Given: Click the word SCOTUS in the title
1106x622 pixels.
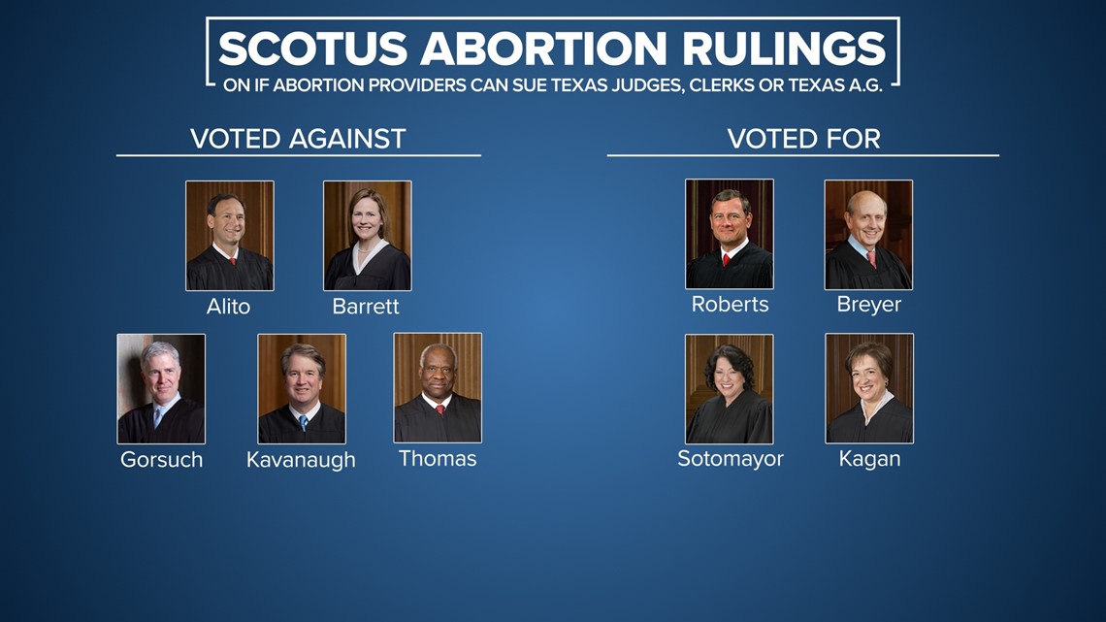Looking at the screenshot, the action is pyautogui.click(x=313, y=49).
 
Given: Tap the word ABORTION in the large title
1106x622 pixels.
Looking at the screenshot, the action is pyautogui.click(x=544, y=49).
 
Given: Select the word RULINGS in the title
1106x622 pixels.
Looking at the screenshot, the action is pyautogui.click(x=783, y=49).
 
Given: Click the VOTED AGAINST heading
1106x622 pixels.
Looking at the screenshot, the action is pyautogui.click(x=299, y=139).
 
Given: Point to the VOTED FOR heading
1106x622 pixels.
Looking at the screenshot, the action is pyautogui.click(x=804, y=139).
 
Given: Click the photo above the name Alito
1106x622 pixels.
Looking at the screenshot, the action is pyautogui.click(x=230, y=236).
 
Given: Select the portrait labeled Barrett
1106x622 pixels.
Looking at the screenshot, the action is pyautogui.click(x=368, y=236).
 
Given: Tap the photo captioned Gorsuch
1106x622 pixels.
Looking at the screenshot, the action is pyautogui.click(x=161, y=388).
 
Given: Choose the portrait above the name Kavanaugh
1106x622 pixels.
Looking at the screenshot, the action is pyautogui.click(x=302, y=388).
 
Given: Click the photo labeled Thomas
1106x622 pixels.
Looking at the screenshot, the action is pyautogui.click(x=438, y=388).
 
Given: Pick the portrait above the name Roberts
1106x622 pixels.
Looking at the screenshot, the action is pyautogui.click(x=730, y=234).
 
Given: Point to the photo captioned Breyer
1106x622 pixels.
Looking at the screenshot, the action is pyautogui.click(x=868, y=235).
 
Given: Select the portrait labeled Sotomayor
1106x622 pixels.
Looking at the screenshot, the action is pyautogui.click(x=730, y=388).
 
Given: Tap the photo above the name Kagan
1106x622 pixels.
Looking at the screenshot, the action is pyautogui.click(x=869, y=388).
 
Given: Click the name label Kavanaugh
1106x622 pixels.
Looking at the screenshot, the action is pyautogui.click(x=301, y=461).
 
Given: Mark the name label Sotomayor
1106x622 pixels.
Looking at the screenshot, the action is pyautogui.click(x=731, y=459).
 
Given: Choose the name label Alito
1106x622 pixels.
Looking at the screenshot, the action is pyautogui.click(x=229, y=307).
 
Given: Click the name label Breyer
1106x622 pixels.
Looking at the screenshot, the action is pyautogui.click(x=869, y=305).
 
